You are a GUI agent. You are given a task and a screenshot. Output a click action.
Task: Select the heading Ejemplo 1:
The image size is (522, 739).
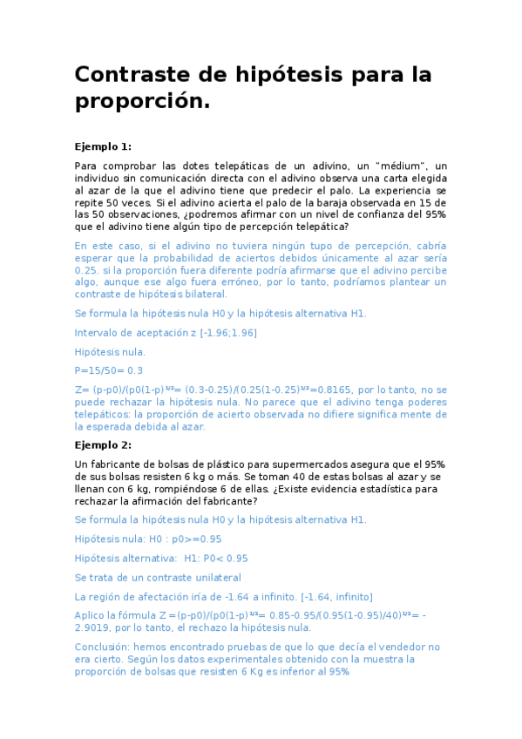103,146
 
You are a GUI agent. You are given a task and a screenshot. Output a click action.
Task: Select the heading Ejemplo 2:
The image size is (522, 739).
103,444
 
